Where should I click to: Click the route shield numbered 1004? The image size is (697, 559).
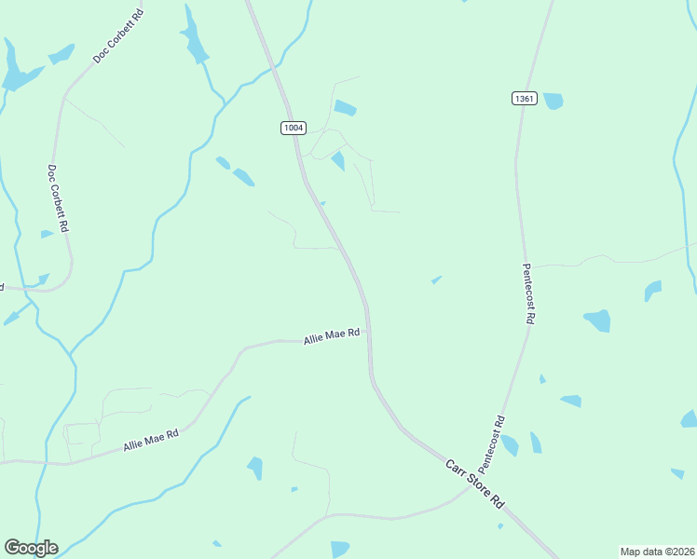point(294,128)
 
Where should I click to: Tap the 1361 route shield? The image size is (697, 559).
point(524,98)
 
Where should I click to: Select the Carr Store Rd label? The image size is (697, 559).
point(474,483)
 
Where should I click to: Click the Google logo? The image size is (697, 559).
point(31,548)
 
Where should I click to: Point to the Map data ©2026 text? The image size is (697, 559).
point(657,552)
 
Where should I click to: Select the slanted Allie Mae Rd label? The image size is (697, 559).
point(151,441)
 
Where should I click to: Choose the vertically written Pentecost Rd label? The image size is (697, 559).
point(528,292)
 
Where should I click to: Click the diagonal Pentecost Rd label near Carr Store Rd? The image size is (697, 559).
point(492,443)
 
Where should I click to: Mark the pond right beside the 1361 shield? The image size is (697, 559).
point(553,101)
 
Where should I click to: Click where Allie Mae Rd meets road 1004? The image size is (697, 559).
point(369,338)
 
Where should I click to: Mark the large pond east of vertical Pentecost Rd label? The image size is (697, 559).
point(597,320)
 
